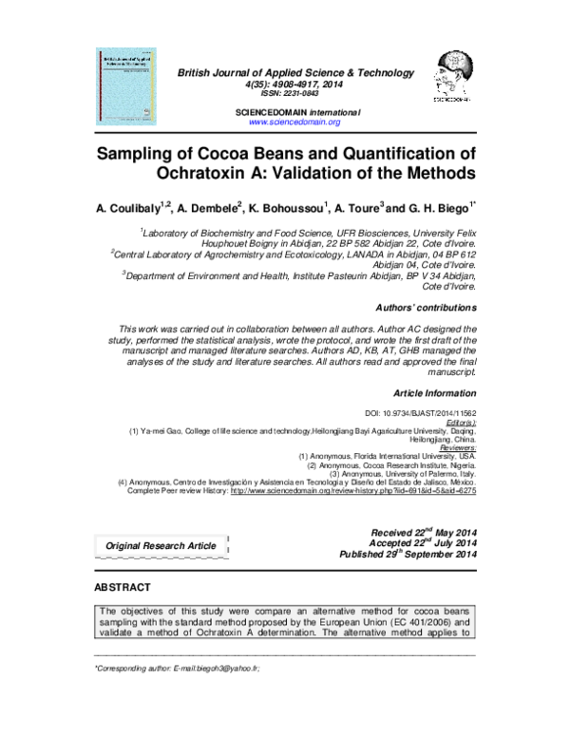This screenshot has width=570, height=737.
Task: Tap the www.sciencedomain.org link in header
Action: (294, 123)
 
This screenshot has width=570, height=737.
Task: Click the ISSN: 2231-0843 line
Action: (294, 94)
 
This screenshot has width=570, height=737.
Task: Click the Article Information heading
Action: (434, 392)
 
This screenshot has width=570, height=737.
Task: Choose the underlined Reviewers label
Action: (454, 447)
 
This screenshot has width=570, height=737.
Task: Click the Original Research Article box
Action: (160, 545)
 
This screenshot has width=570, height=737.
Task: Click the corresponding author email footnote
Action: (172, 669)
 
